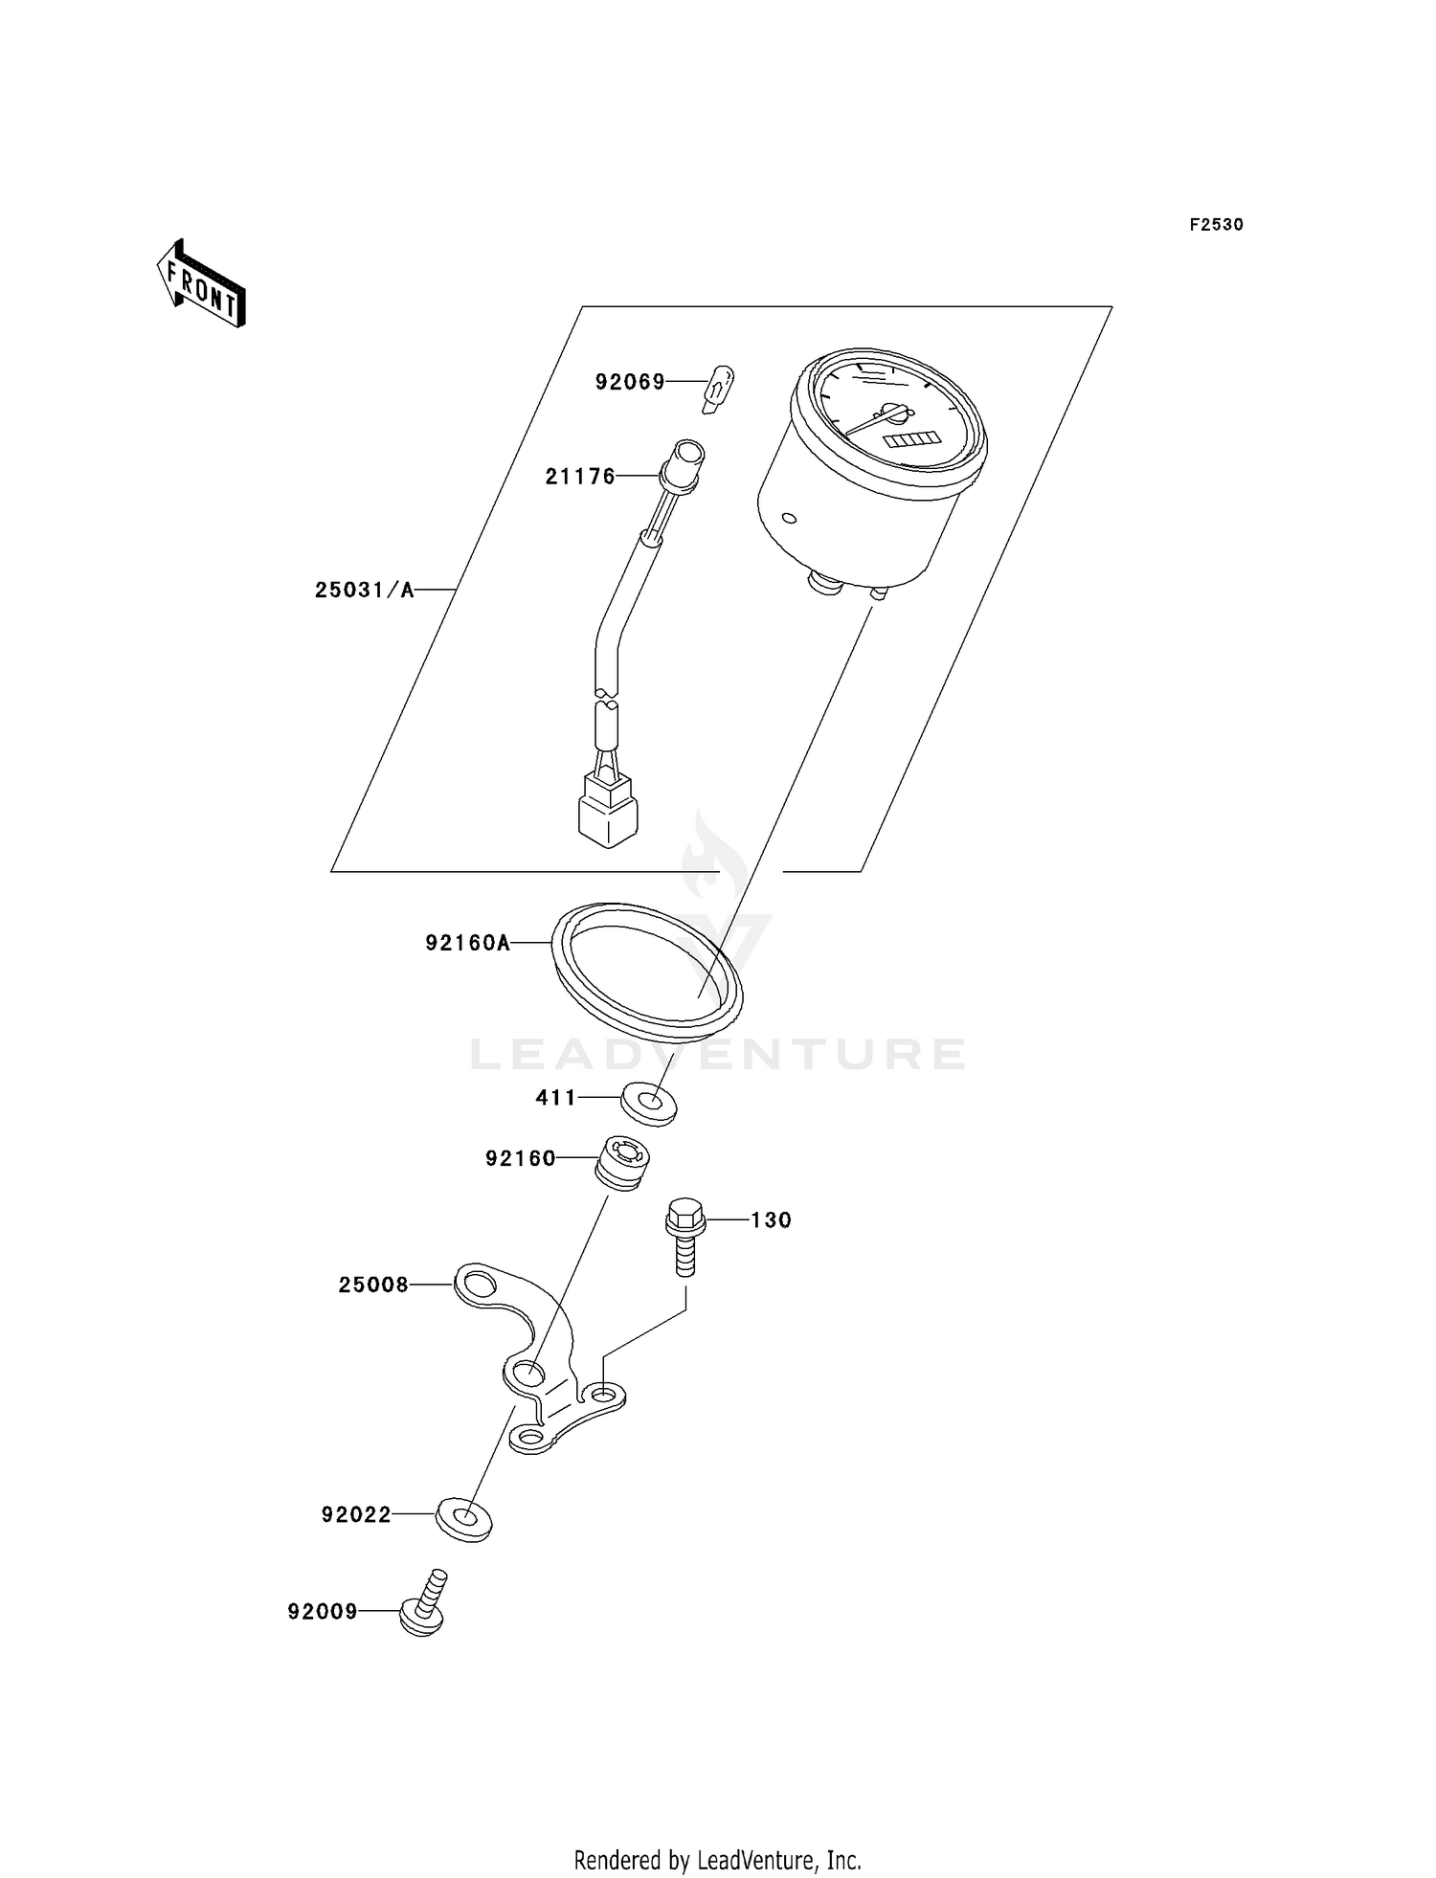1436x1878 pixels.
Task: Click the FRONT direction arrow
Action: (x=201, y=284)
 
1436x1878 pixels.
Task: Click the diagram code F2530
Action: (x=1216, y=225)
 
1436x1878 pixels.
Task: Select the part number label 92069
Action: (x=629, y=382)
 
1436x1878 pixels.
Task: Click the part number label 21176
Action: (x=580, y=476)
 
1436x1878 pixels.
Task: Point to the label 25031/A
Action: (x=364, y=590)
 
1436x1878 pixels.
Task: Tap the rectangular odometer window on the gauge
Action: (x=909, y=438)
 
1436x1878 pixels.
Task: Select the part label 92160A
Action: (x=467, y=943)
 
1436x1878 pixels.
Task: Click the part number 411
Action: (x=555, y=1098)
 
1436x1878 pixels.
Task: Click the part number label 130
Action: (x=771, y=1220)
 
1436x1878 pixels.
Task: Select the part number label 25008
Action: (x=373, y=1285)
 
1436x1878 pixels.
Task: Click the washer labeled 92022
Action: (x=463, y=1519)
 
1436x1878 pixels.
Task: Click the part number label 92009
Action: (x=323, y=1612)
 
